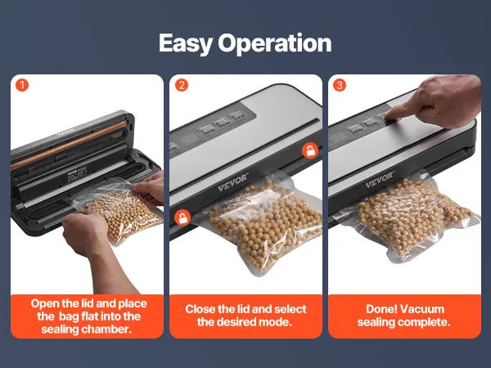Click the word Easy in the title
coord(186,43)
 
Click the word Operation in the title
coord(275,43)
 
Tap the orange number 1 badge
coord(22,85)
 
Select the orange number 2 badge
coord(182,85)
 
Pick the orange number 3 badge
coord(340,85)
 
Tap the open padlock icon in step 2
coord(182,218)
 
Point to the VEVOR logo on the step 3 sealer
coord(380,180)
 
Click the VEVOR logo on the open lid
coord(65,132)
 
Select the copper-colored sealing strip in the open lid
coord(69,145)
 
